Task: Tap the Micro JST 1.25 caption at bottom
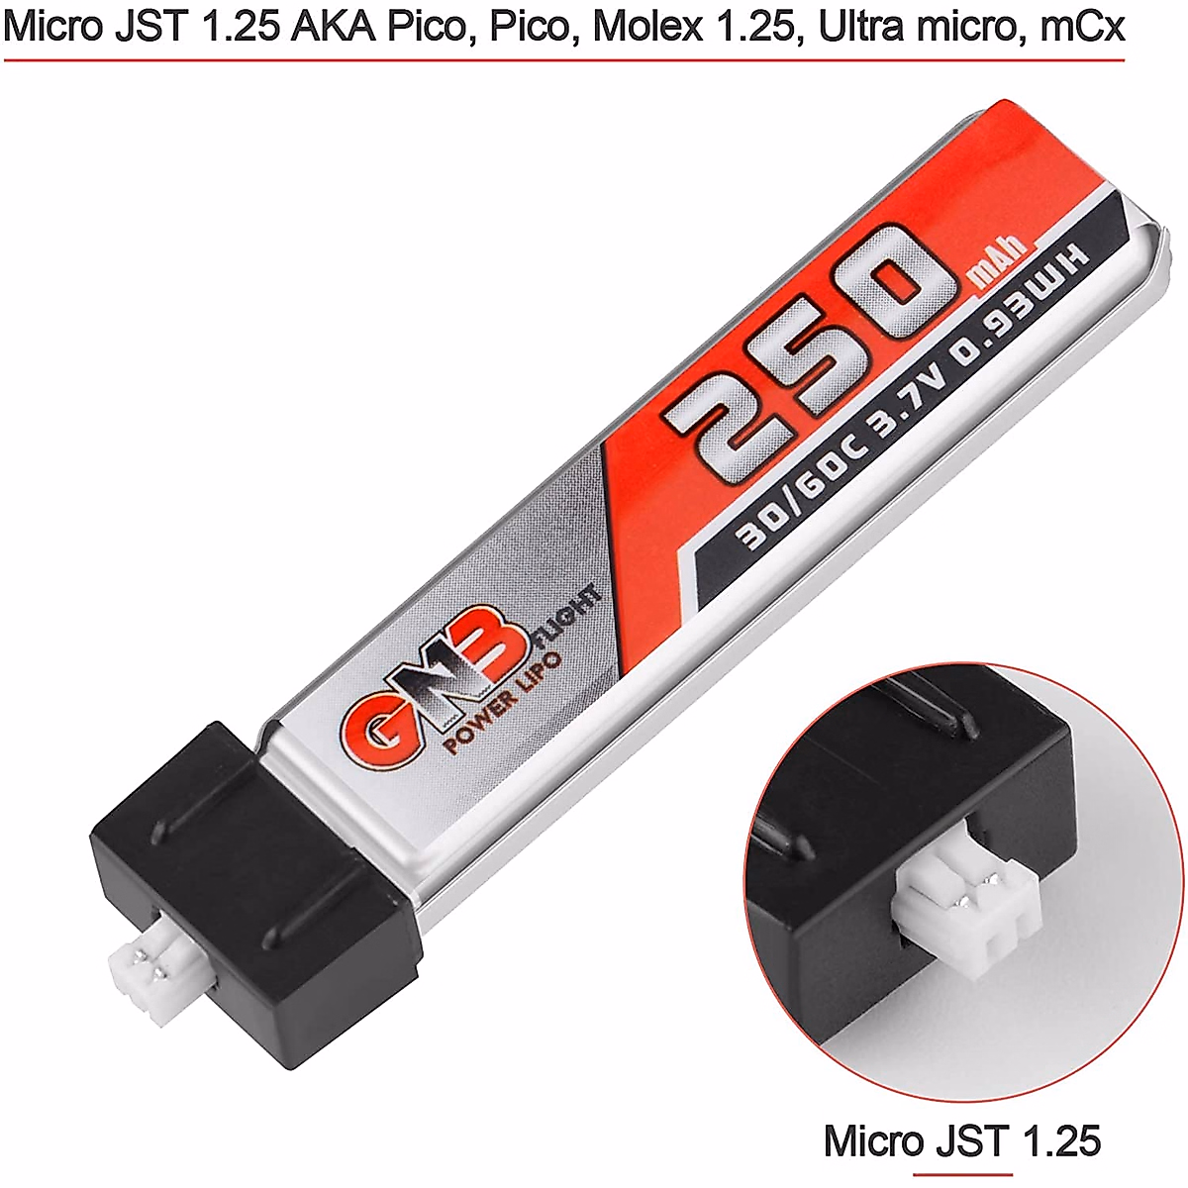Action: point(961,1140)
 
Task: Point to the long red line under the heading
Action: point(564,59)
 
